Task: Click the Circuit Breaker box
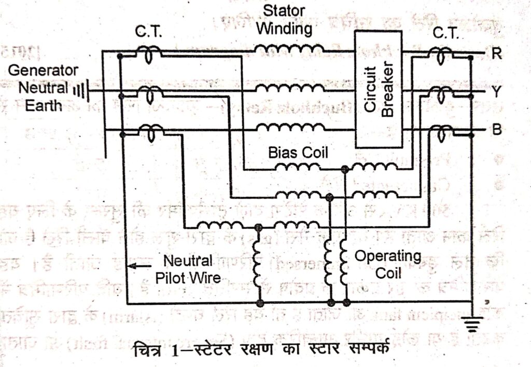coord(378,89)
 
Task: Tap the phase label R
coord(496,55)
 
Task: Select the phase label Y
coord(496,92)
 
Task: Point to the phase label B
coord(496,130)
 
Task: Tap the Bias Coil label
coord(298,153)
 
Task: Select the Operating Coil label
coord(387,264)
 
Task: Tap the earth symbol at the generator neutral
coord(79,91)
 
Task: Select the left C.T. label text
coord(149,32)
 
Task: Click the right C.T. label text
coord(445,32)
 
